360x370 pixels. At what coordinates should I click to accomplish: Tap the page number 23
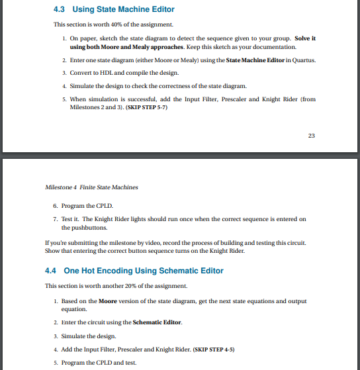coord(312,136)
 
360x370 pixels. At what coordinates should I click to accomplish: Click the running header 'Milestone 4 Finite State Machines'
coord(91,187)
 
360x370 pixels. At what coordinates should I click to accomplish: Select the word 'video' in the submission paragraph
coord(161,243)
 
